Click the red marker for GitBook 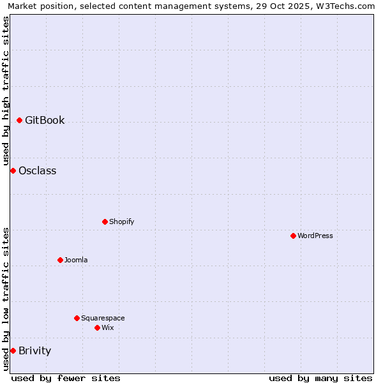coord(19,120)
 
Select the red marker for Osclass coord(13,170)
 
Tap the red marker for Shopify coord(105,222)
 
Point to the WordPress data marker coord(293,236)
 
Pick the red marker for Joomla coord(60,260)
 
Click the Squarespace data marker coord(77,318)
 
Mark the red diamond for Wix coord(97,327)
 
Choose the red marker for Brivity coord(13,350)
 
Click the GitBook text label coord(45,120)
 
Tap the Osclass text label coord(37,170)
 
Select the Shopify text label coord(121,222)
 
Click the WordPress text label coord(315,236)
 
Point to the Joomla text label coord(76,260)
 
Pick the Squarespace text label coord(103,318)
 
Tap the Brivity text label coord(34,350)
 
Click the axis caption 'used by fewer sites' coord(66,378)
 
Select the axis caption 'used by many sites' coord(320,378)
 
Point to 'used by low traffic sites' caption coord(6,299)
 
